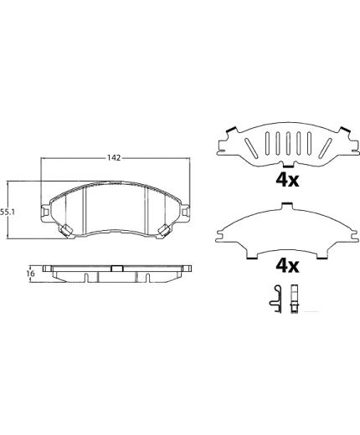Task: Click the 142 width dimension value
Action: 114,158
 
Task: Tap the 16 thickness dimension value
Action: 31,274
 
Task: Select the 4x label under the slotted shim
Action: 287,181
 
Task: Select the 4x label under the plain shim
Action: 287,267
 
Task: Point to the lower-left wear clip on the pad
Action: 66,230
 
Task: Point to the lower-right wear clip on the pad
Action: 165,230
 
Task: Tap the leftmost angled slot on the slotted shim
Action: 251,147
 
